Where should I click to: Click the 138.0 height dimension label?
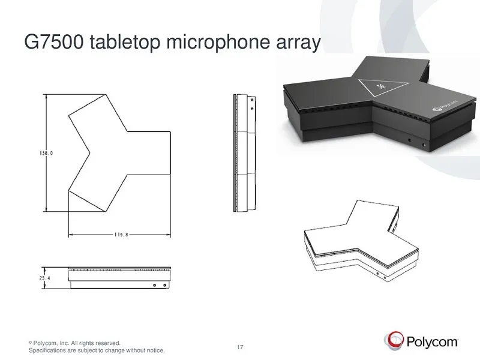(x=46, y=153)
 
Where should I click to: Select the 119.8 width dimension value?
(x=121, y=235)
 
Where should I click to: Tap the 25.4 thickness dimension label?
(x=44, y=278)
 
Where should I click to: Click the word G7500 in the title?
(x=53, y=42)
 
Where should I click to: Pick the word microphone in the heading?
(x=218, y=43)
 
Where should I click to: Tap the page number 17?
(x=240, y=347)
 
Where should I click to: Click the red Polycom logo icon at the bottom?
(x=394, y=340)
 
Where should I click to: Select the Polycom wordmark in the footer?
(x=432, y=341)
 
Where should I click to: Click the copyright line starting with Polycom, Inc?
(x=74, y=343)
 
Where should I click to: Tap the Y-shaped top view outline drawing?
(x=119, y=153)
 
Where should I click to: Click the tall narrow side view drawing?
(x=244, y=153)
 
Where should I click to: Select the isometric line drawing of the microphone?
(x=361, y=241)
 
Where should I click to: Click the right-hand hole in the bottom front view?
(x=164, y=286)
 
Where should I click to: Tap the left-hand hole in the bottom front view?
(x=155, y=286)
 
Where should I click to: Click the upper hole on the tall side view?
(x=252, y=100)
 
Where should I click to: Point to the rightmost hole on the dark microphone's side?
(x=424, y=145)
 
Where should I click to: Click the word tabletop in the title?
(x=125, y=43)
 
